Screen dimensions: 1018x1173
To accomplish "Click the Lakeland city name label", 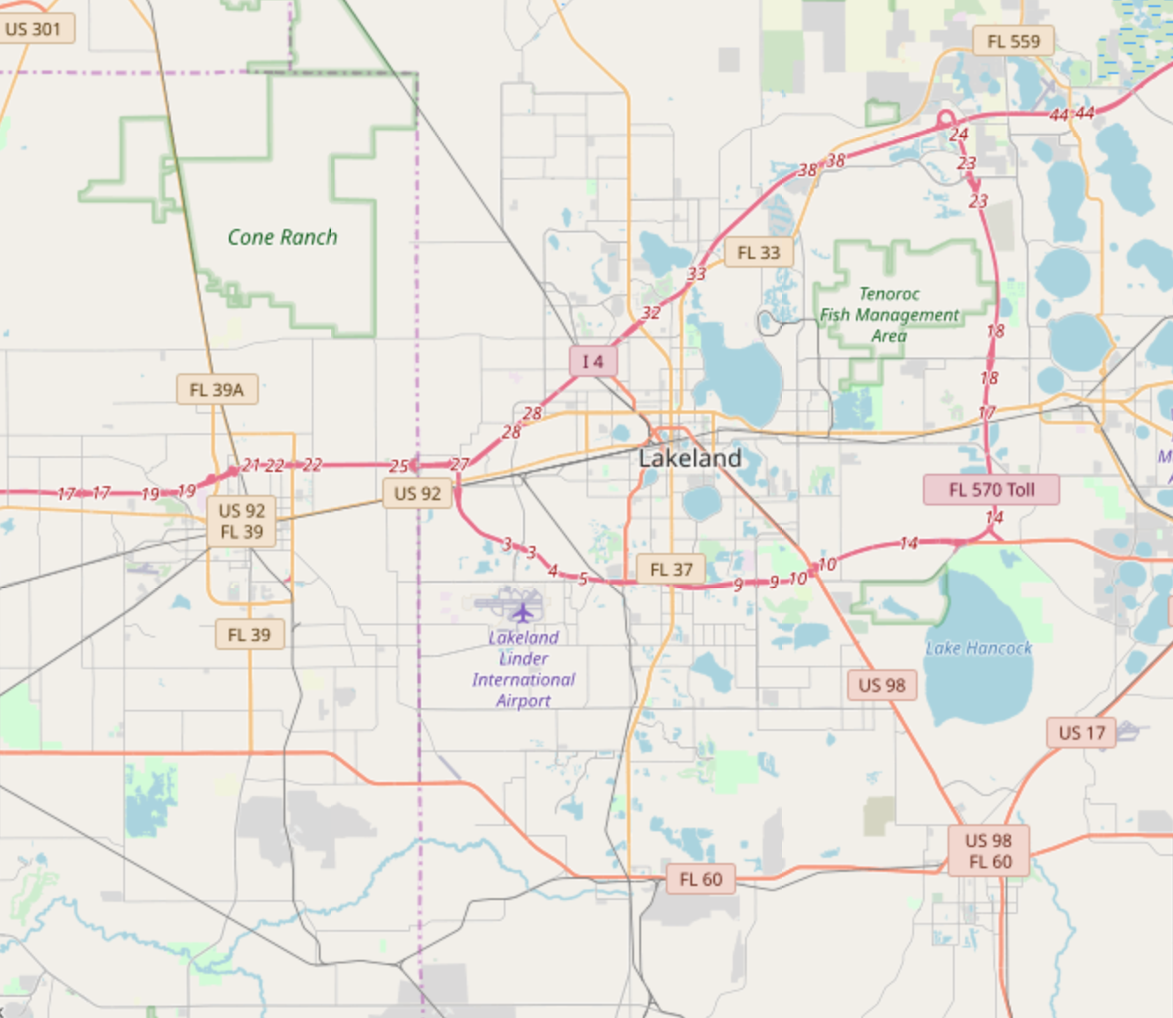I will tap(690, 458).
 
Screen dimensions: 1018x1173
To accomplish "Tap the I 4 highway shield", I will tap(593, 361).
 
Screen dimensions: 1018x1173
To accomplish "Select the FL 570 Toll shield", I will tap(991, 490).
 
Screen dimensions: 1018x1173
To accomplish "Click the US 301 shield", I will tap(33, 29).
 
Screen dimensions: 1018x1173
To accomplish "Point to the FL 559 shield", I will tap(1013, 41).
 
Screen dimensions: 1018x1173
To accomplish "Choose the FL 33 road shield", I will tap(758, 253).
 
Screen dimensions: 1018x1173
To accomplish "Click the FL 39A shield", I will tap(217, 389).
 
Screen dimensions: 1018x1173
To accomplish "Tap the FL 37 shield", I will tap(671, 570).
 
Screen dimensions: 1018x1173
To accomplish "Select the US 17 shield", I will tap(1081, 733).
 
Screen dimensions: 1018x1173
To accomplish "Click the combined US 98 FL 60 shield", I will tap(988, 851).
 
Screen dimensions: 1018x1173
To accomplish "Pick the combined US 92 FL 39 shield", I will tap(241, 521).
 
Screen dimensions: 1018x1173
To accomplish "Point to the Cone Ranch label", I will tap(282, 237).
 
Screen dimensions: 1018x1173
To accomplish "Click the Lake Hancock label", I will tap(977, 648).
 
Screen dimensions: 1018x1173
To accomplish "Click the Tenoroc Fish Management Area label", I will tap(889, 314).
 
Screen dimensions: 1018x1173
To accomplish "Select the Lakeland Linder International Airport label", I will tap(523, 668).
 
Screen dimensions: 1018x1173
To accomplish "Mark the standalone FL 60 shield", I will tap(700, 879).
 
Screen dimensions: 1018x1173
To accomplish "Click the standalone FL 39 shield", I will tap(249, 634).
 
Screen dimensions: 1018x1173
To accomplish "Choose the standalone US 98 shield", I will tap(882, 685).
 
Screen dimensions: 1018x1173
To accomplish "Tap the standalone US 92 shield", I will tap(417, 493).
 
